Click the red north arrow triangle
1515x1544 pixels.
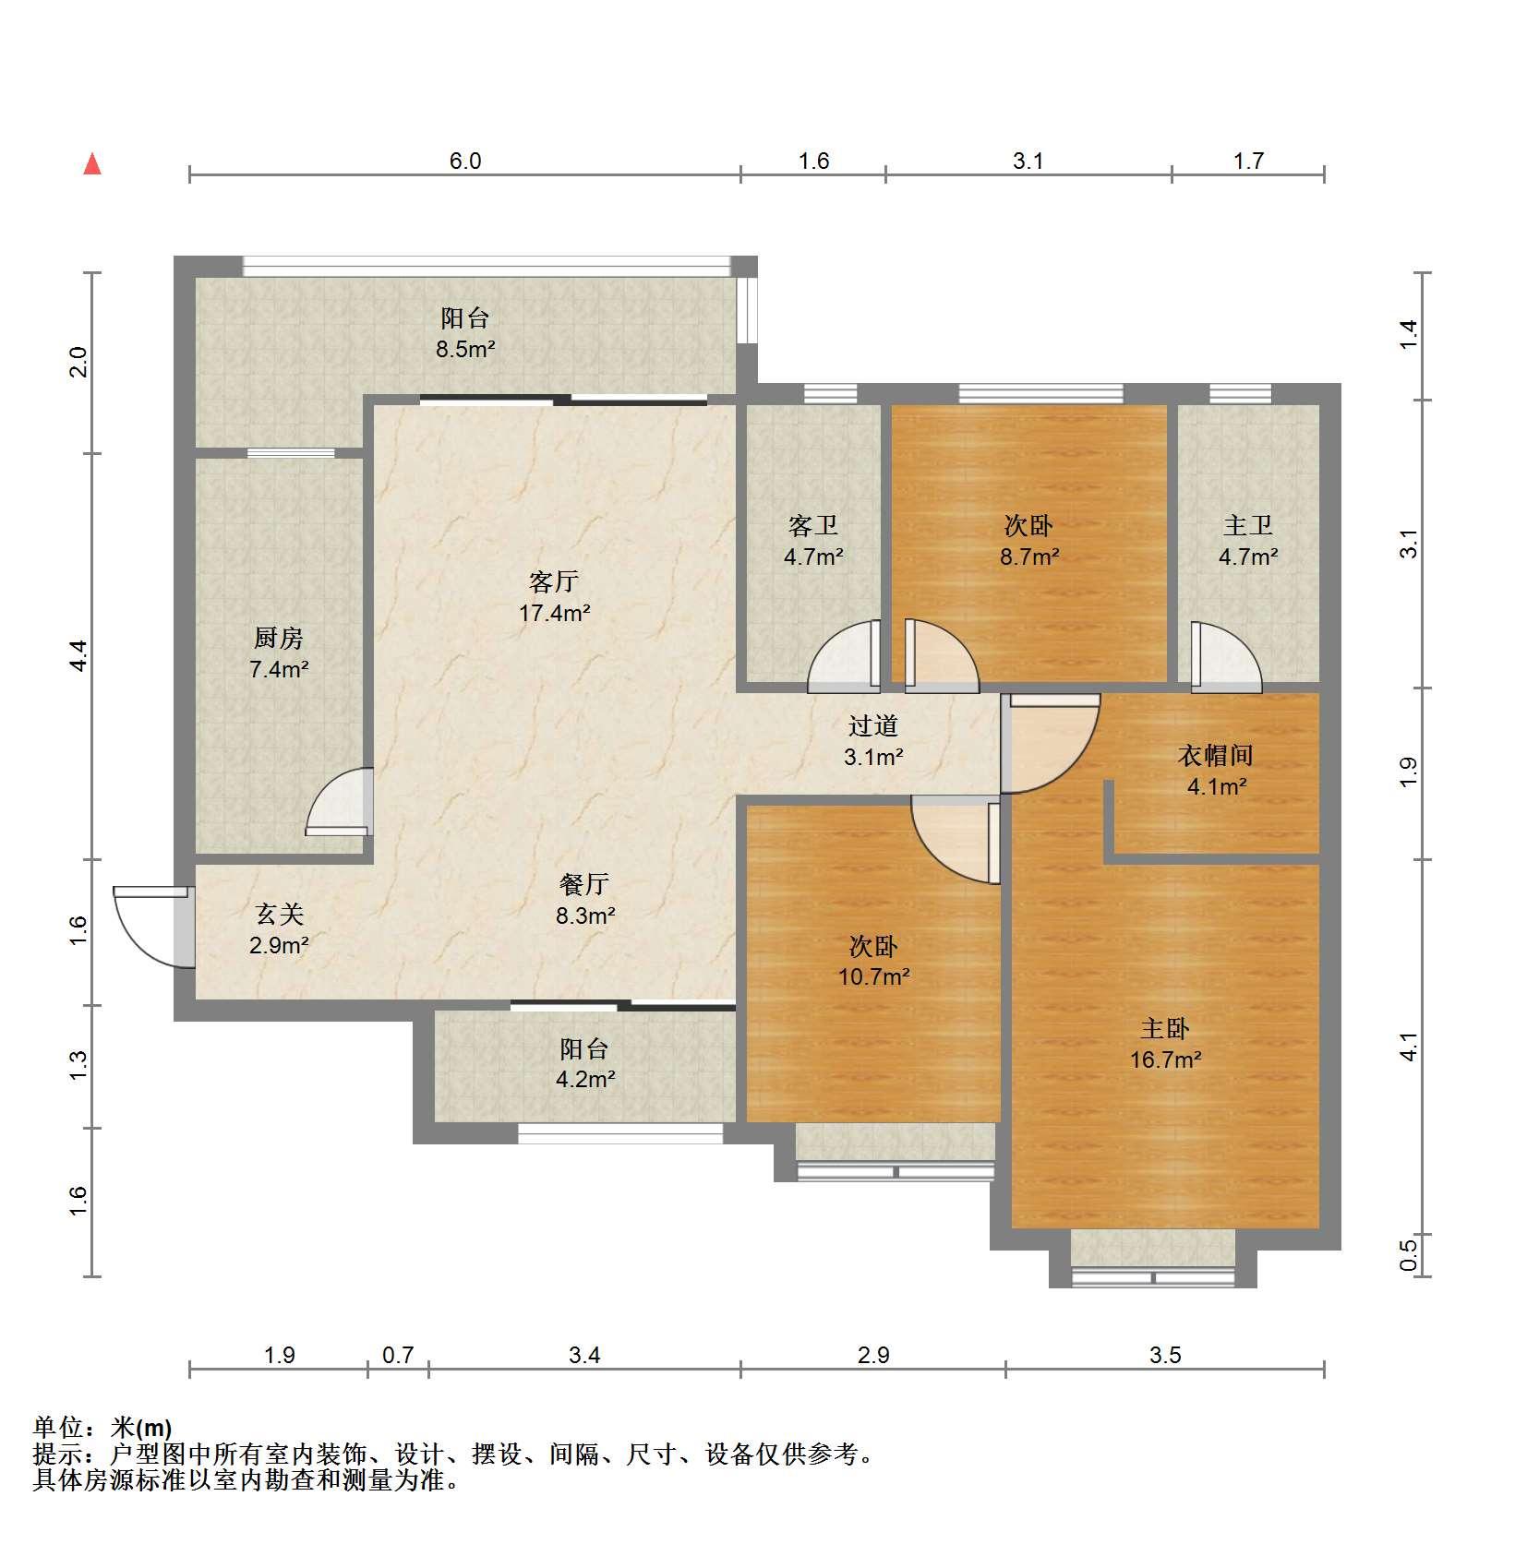[92, 164]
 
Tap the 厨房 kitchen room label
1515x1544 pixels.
[279, 638]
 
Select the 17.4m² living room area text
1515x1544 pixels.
[554, 613]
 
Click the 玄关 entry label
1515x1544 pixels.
[279, 915]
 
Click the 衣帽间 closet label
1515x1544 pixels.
[1216, 756]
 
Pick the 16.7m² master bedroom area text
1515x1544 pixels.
[1165, 1059]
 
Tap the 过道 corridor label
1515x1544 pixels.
[873, 726]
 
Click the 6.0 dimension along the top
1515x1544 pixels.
[465, 161]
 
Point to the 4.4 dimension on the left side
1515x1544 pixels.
[78, 655]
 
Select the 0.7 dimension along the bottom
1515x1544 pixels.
[398, 1355]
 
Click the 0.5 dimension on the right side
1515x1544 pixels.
[1408, 1255]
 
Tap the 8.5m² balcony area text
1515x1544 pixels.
[465, 350]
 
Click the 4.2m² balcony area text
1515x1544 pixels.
[585, 1079]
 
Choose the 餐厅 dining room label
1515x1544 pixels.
[584, 884]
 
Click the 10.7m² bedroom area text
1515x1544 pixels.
[874, 976]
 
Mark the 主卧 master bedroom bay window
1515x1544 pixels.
[1152, 1258]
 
